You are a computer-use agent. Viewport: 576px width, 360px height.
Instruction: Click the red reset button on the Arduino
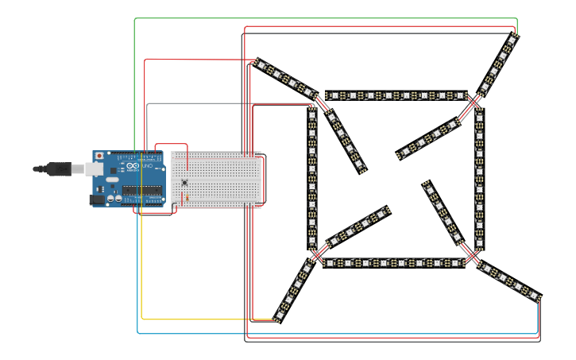pyautogui.click(x=99, y=156)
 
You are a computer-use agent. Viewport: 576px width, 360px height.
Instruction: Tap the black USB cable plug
pyautogui.click(x=58, y=168)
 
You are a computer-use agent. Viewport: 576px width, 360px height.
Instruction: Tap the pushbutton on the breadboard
pyautogui.click(x=185, y=182)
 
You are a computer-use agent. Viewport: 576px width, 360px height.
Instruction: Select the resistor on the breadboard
pyautogui.click(x=187, y=196)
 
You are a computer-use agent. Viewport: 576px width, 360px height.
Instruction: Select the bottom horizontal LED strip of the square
pyautogui.click(x=393, y=262)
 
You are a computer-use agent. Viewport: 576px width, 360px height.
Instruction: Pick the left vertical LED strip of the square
pyautogui.click(x=312, y=179)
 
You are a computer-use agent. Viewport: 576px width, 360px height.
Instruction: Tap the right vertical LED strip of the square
pyautogui.click(x=479, y=179)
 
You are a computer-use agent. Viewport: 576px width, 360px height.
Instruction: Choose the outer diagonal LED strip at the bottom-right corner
pyautogui.click(x=508, y=281)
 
